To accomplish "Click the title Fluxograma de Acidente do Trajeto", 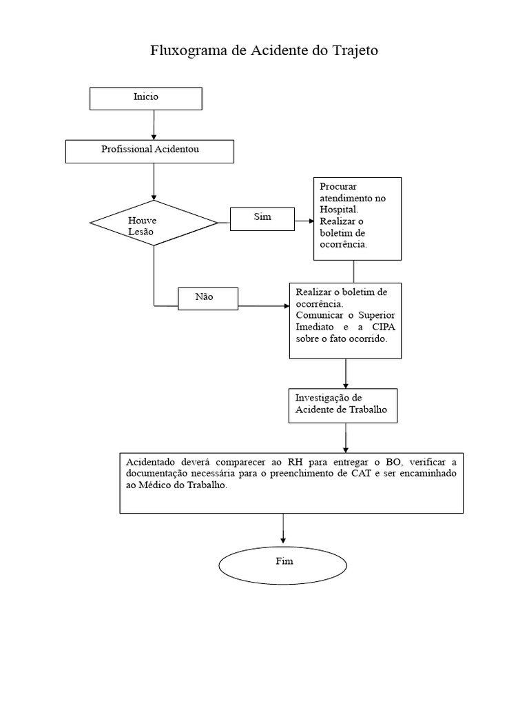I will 264,51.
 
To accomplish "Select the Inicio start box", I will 146,98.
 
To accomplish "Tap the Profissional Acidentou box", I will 149,151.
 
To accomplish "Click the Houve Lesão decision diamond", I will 153,223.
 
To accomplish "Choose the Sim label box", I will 262,218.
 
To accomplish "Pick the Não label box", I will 207,298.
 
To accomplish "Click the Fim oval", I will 284,563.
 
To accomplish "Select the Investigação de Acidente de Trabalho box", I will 342,405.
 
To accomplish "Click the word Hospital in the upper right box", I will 338,209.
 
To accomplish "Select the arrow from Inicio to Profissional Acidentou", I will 154,125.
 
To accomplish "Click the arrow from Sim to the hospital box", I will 303,221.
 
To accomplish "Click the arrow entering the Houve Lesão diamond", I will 154,181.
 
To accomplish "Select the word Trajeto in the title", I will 354,51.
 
